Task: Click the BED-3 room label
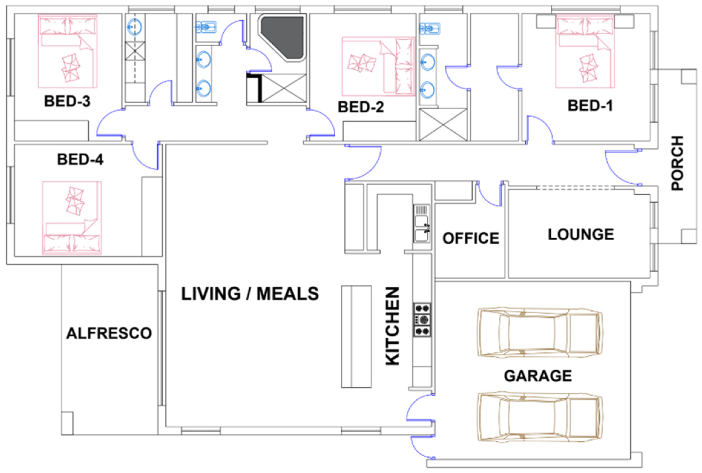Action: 67,101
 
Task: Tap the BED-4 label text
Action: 80,159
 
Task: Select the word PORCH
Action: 677,163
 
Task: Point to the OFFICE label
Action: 471,238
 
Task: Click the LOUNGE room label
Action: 581,234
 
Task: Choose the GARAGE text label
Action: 538,376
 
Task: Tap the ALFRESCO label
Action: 109,333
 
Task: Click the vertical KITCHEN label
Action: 392,326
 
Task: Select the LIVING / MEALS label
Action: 250,294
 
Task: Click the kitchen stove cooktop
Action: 422,320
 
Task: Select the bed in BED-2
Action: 379,66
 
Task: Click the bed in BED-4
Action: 72,218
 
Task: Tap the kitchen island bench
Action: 356,336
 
